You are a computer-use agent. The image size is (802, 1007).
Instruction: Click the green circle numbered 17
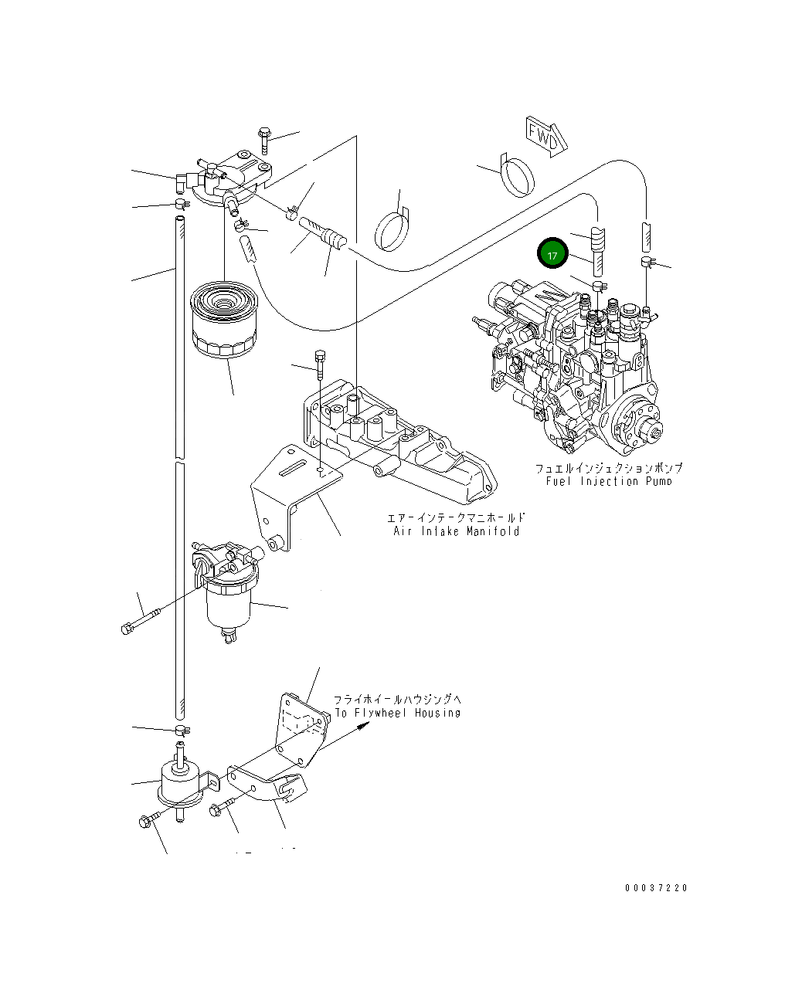552,254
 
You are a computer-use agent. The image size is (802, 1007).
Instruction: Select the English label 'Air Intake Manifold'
453,531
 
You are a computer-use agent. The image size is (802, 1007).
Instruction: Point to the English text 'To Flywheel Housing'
397,713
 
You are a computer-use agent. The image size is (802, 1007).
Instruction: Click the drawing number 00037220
656,888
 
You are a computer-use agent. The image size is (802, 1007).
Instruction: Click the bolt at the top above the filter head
264,137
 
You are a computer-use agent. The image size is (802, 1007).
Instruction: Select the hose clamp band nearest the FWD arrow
516,175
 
